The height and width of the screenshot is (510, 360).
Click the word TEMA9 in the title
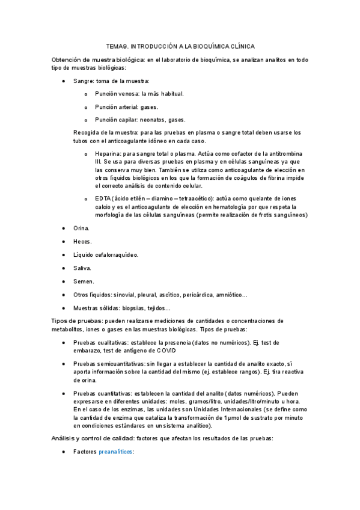click(x=116, y=46)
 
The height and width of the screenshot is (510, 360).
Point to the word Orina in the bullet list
click(x=82, y=228)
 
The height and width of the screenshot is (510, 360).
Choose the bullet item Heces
click(x=82, y=241)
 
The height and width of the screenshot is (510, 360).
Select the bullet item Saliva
click(x=82, y=268)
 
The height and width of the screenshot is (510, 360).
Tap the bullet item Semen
click(x=83, y=281)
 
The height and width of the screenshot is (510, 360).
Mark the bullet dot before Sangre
click(x=64, y=81)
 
